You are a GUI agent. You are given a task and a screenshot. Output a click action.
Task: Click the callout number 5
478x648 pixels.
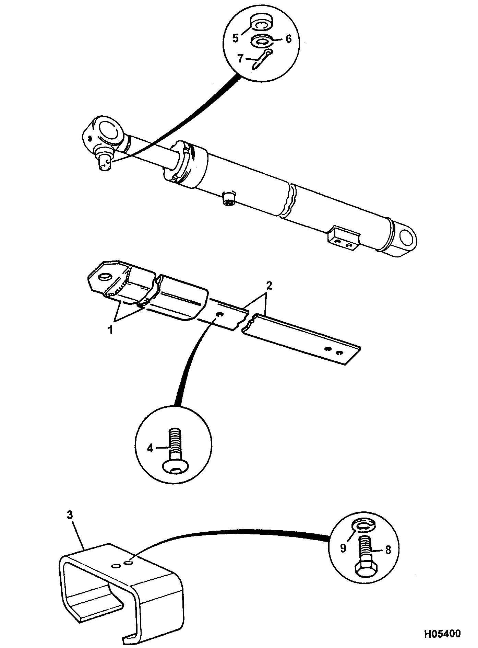[x=235, y=38]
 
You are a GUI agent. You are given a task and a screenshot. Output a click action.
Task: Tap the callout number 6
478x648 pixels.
[x=288, y=39]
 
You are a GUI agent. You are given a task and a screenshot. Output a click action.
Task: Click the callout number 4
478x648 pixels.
[x=150, y=448]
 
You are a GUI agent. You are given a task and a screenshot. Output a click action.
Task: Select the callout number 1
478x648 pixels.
[x=111, y=330]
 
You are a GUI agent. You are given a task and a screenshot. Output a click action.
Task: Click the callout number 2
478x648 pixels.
[x=270, y=285]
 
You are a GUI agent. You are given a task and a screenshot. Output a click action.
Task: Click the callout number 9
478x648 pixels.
[x=343, y=548]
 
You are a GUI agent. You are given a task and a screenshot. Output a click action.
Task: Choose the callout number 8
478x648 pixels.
[x=388, y=550]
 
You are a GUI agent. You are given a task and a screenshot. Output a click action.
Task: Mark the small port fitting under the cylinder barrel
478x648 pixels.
[x=228, y=199]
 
